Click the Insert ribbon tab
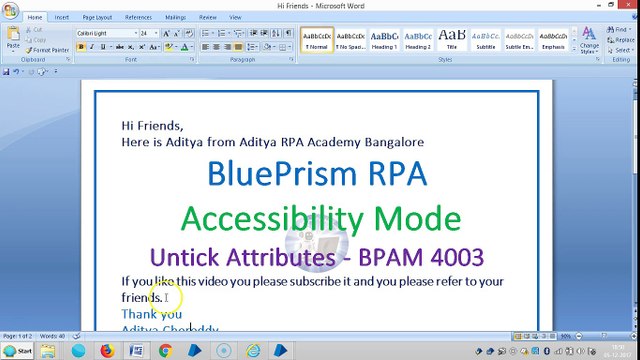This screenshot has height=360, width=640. [62, 17]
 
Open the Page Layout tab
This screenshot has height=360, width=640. [97, 17]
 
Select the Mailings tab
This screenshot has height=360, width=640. [175, 17]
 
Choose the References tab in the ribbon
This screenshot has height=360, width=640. [138, 17]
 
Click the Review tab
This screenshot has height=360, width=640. [208, 17]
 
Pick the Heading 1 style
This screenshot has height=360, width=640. [384, 41]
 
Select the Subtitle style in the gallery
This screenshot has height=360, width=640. [485, 41]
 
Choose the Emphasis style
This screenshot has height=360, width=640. [552, 41]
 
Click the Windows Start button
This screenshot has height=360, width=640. [18, 351]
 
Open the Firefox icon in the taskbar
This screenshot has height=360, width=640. [107, 351]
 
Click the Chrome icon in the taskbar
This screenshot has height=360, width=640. [165, 351]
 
